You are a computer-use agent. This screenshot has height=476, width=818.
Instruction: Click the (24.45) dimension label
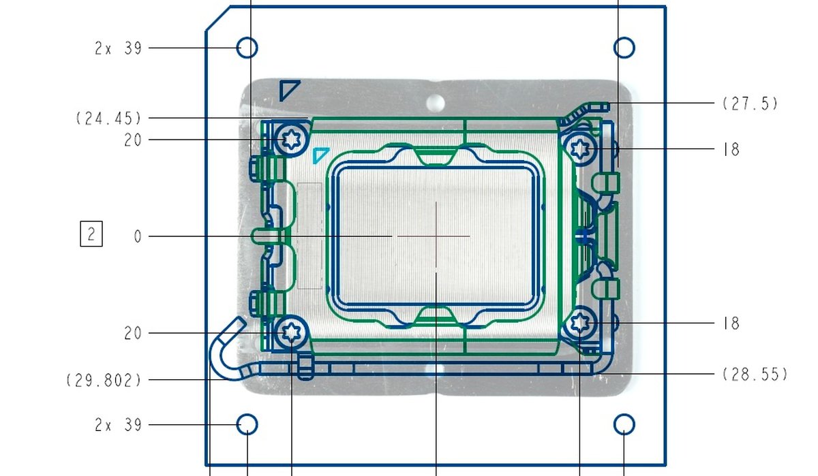pos(108,118)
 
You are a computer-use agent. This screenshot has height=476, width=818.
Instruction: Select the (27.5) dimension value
pos(750,104)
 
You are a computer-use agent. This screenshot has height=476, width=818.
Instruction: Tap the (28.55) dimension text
pos(755,375)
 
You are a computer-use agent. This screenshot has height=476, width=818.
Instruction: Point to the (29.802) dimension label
pos(104,381)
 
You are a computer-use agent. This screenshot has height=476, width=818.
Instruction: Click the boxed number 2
pos(91,234)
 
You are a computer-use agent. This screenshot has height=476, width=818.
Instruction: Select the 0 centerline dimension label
pos(138,237)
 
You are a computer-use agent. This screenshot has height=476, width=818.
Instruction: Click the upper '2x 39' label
pos(118,48)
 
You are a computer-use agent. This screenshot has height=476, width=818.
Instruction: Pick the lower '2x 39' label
pos(118,425)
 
